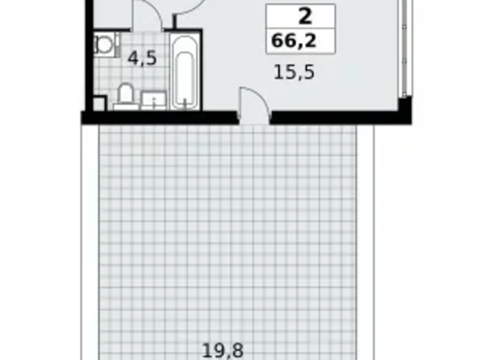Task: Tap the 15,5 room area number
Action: [294, 72]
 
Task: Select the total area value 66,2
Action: [294, 42]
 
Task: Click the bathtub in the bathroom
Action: [184, 72]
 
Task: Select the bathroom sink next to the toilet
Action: [153, 100]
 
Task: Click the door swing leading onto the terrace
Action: [254, 103]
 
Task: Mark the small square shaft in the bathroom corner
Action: [97, 104]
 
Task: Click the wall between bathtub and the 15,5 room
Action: [200, 71]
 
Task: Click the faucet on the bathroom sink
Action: [153, 94]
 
